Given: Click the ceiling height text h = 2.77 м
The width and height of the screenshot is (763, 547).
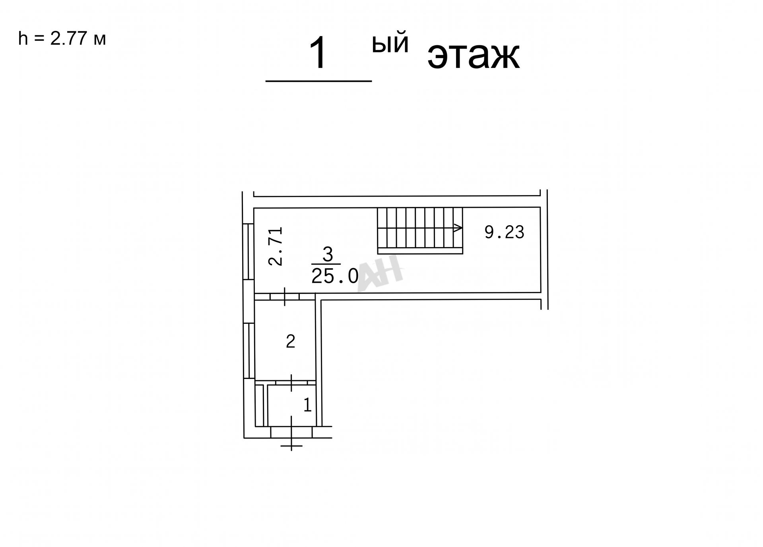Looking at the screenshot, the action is pos(62,39).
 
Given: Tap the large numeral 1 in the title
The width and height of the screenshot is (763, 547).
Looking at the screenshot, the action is pos(318,53).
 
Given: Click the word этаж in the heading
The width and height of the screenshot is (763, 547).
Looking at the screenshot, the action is pos(474,56).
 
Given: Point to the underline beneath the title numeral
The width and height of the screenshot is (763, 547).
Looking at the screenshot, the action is pos(318,81).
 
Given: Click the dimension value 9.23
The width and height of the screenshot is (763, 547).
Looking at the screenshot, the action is pos(504,232).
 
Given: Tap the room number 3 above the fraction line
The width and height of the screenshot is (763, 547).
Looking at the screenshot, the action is pos(328,255).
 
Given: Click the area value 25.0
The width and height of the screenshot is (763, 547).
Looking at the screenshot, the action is pos(335,276).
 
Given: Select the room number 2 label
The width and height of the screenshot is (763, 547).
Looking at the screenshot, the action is pos(291,341).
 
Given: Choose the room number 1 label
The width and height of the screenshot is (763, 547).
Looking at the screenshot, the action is pos(307,405).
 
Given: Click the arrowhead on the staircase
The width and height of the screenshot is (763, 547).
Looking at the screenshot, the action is pos(458,228).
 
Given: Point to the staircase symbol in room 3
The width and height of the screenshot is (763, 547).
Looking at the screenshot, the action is pos(420,230).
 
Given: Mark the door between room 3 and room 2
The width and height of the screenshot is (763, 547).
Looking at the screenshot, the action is pos(285,297).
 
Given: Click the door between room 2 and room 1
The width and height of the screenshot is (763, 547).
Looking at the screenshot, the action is pos(291,383).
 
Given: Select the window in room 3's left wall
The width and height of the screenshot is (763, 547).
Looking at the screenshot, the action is pos(248,251).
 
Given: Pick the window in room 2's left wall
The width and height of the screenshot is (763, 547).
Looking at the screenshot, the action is pos(249,351).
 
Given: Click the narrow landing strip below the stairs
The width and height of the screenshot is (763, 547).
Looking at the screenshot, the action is pos(420,251).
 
